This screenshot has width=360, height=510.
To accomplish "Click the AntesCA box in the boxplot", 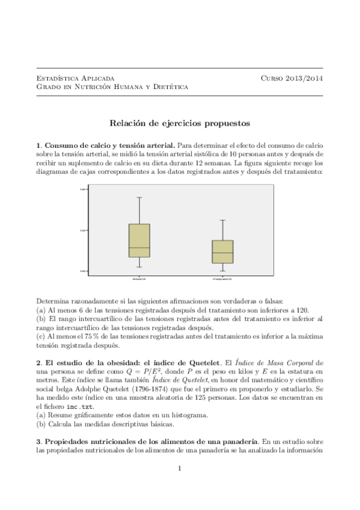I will [x=139, y=241].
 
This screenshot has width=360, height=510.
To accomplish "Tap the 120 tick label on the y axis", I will [x=84, y=230].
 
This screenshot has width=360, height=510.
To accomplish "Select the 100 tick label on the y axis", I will [x=84, y=271].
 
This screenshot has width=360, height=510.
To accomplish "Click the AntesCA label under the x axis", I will [x=139, y=279].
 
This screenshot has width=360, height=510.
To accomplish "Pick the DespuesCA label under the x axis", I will [x=222, y=279].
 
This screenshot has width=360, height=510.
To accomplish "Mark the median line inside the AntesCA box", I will [x=139, y=248].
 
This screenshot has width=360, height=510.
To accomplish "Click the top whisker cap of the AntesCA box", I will [x=139, y=197].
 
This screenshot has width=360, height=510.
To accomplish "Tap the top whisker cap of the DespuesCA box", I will [x=222, y=220].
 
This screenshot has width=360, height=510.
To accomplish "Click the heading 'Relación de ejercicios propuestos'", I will [x=180, y=123].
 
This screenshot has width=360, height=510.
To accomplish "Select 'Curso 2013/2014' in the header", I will [x=292, y=78].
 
